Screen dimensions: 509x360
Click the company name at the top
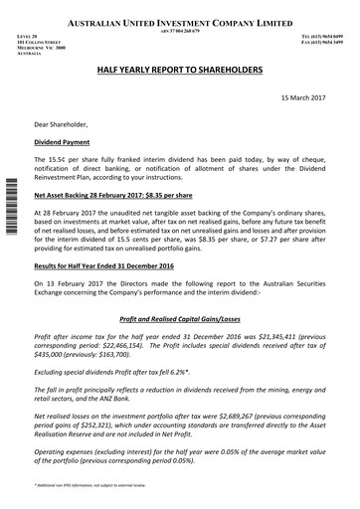coord(180,21)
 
